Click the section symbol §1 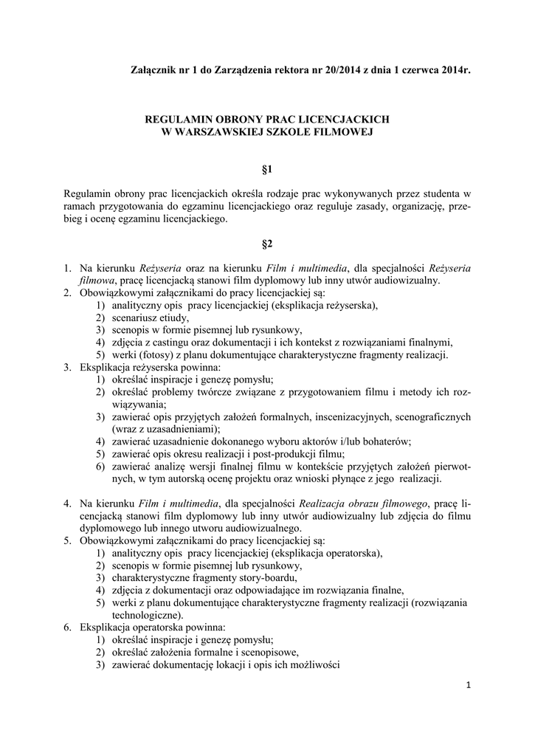tap(267, 169)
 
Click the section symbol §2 tap(267, 243)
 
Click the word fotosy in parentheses tap(157, 354)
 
